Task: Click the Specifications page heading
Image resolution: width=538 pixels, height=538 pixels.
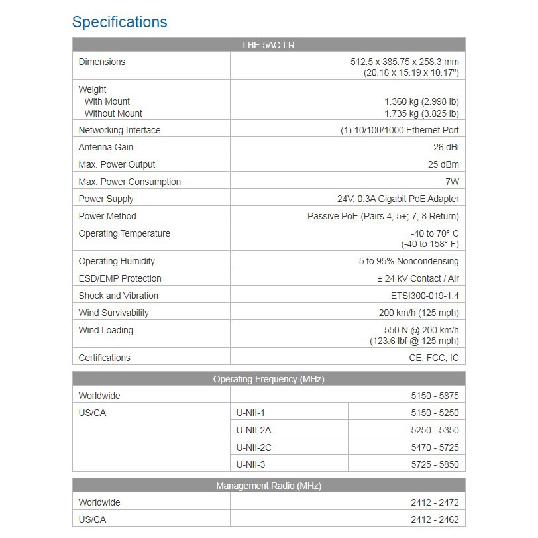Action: point(119,22)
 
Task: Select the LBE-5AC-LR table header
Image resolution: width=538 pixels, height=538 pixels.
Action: point(268,45)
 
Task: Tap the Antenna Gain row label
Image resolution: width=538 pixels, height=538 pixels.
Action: point(105,147)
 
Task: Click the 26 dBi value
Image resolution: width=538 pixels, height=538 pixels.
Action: point(446,147)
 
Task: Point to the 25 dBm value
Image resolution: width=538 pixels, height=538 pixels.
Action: point(443,164)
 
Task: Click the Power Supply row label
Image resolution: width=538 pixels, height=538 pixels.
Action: point(106,199)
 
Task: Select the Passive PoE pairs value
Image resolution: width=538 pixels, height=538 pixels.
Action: point(383,216)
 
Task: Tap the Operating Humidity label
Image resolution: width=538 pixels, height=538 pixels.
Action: point(117,261)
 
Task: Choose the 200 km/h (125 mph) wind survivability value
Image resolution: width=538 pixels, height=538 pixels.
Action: point(419,313)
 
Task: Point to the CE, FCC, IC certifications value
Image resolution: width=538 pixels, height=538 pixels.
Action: point(434,358)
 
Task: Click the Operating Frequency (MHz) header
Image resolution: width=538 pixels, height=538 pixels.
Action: point(268,379)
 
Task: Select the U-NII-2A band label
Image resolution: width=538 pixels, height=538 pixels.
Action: point(254,430)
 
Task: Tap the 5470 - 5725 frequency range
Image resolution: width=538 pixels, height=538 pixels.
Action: point(435,447)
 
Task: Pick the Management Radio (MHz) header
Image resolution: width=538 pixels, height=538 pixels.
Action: point(268,486)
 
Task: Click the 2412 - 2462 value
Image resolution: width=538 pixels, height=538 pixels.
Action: point(435,519)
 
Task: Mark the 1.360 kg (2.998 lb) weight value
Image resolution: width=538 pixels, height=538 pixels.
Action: point(421,101)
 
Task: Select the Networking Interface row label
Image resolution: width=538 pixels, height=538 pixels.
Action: point(119,130)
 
